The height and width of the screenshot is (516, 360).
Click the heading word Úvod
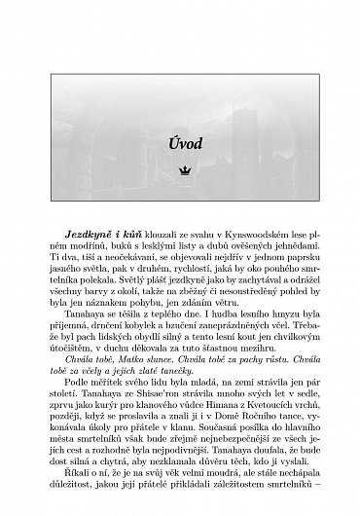click(x=185, y=143)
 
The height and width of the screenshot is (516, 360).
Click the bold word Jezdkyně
click(x=88, y=238)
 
